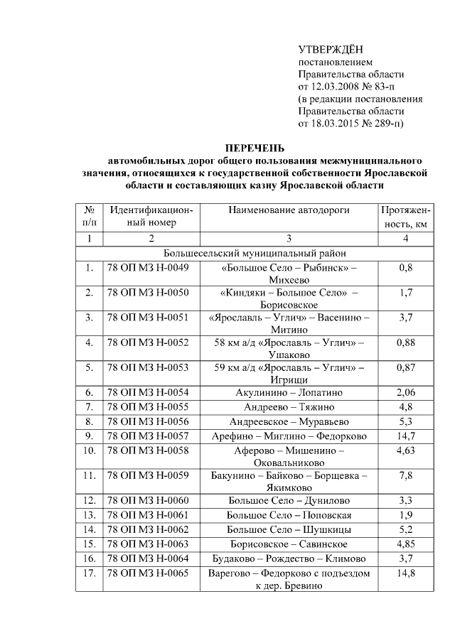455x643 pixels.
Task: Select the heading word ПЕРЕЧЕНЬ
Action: (255, 148)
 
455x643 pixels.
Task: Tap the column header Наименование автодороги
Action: (289, 210)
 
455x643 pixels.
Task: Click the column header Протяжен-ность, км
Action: (405, 217)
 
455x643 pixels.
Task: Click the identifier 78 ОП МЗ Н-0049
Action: (148, 268)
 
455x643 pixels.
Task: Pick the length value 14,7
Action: (405, 436)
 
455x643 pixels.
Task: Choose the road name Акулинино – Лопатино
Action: (289, 392)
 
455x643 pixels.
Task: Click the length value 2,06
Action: (405, 392)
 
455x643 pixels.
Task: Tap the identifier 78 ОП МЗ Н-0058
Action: (148, 450)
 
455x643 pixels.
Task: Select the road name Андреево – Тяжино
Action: (289, 407)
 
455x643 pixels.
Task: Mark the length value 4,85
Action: (405, 544)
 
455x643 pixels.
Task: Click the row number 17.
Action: (89, 573)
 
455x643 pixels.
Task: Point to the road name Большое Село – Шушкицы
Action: (289, 529)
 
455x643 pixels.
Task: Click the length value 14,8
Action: (405, 573)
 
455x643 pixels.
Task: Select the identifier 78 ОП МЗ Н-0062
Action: (148, 529)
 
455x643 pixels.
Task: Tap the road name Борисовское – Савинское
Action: (289, 544)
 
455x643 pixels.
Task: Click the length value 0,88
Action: (405, 342)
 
